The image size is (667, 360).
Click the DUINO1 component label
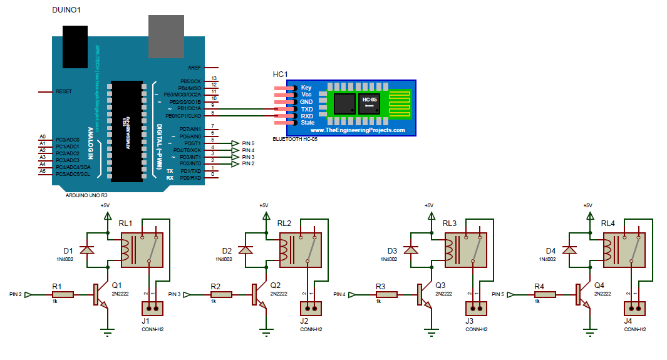point(66,11)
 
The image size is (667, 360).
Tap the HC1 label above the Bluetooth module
point(280,75)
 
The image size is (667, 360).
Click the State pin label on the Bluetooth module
point(308,123)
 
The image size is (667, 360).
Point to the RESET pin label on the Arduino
point(64,91)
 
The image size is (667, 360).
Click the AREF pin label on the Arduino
point(194,67)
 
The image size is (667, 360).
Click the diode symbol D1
point(89,250)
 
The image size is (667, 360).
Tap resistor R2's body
point(220,294)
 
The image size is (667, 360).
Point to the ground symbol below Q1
point(108,332)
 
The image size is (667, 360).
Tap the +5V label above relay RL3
point(428,205)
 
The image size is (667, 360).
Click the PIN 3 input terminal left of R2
point(185,294)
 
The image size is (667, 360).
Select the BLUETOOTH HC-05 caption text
point(295,139)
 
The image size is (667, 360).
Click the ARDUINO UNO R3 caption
point(86,195)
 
